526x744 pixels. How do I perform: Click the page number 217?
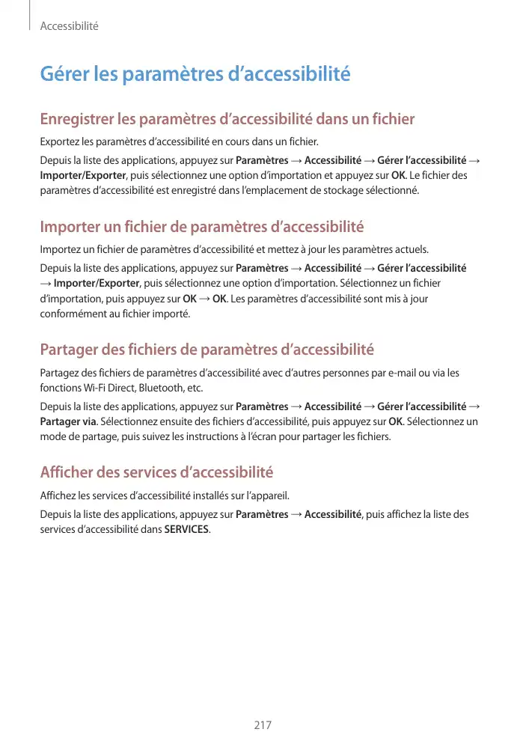click(263, 725)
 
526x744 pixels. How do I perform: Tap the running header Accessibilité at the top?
click(69, 26)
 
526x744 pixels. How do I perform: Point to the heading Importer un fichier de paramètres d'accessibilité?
click(201, 227)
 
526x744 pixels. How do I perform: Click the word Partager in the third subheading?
click(70, 350)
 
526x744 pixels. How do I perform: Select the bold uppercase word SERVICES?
click(187, 530)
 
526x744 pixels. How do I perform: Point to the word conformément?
click(73, 314)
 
